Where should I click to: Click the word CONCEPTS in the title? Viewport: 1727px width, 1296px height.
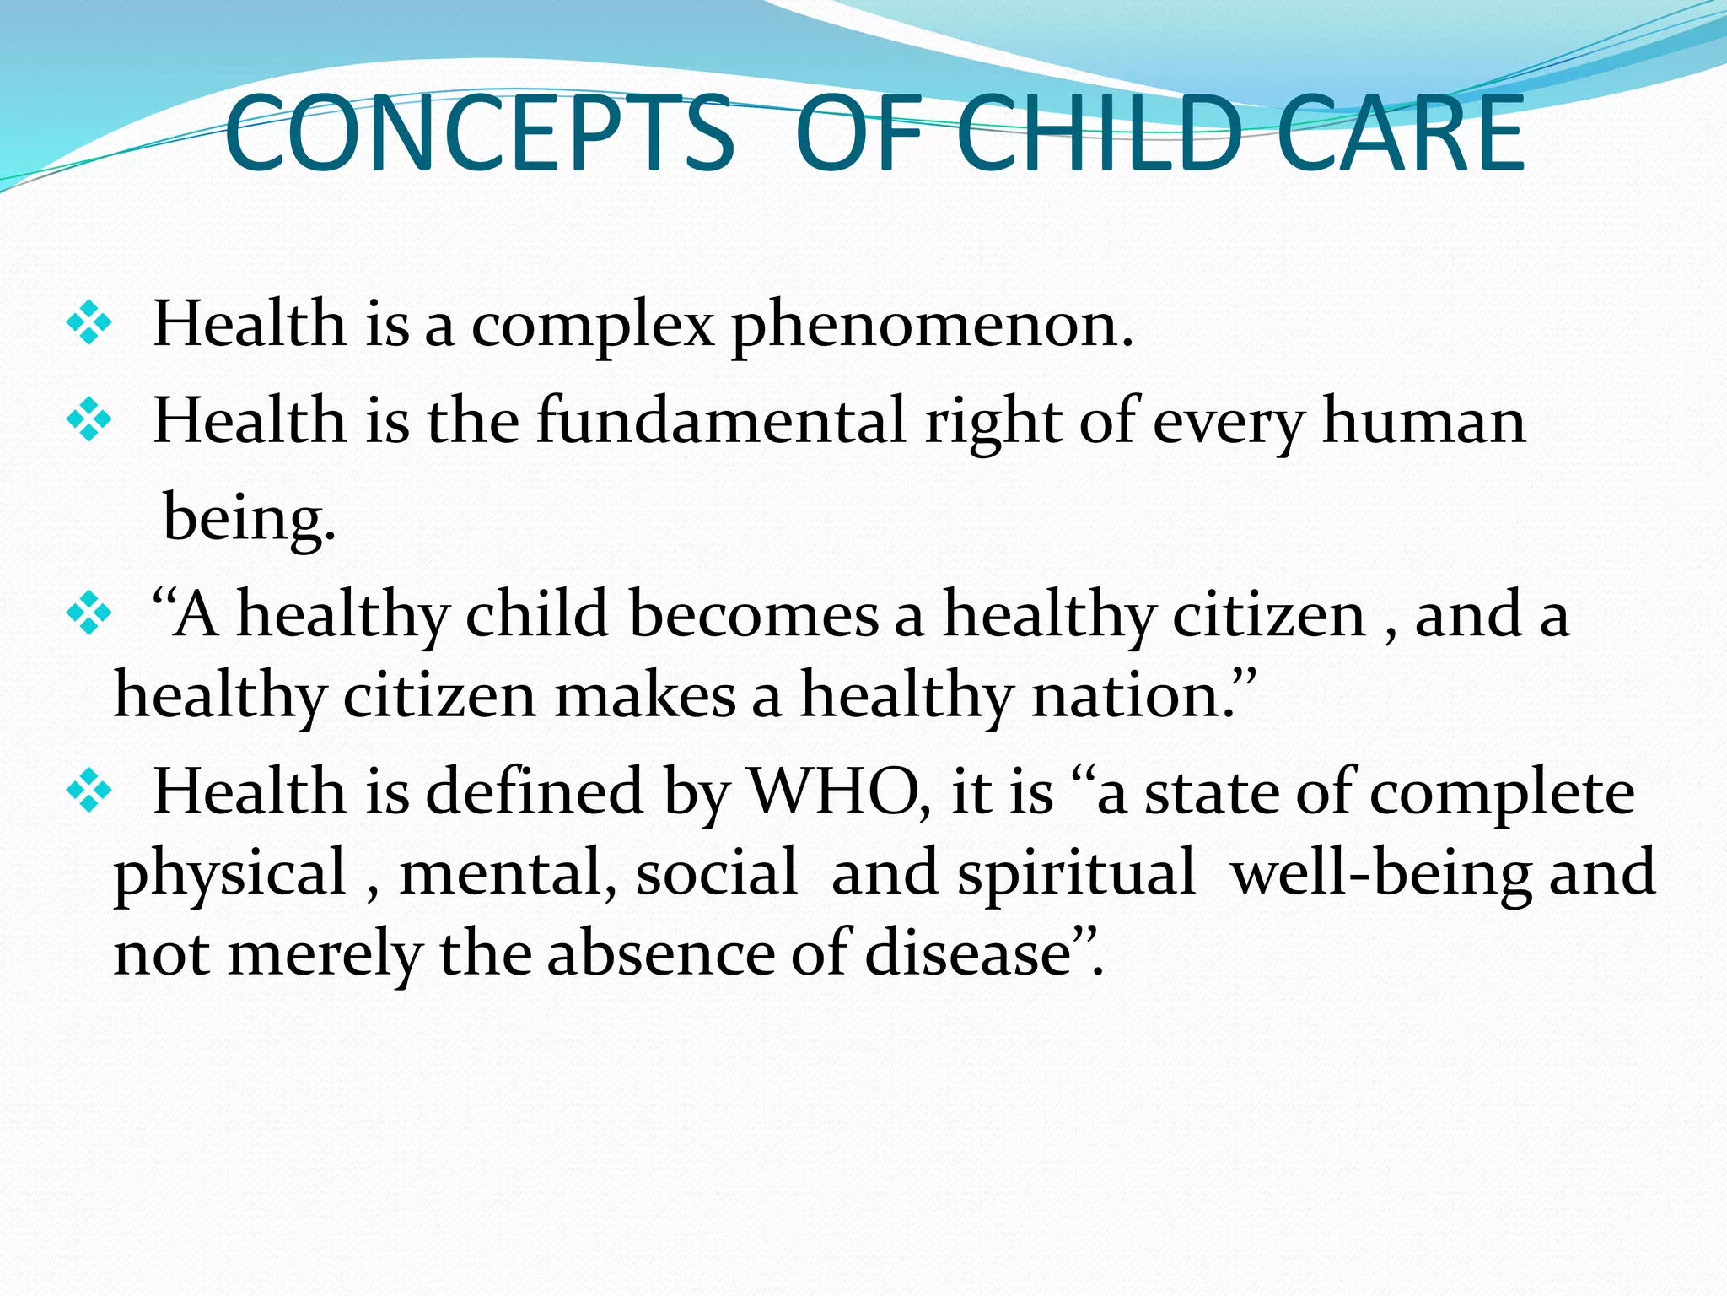coord(479,135)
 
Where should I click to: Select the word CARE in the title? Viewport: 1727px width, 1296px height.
coord(1401,135)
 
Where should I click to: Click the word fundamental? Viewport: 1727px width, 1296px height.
coord(721,421)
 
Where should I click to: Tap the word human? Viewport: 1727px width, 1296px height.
coord(1423,421)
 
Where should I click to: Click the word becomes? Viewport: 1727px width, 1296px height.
coord(754,614)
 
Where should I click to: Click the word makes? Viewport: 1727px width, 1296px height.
coord(645,697)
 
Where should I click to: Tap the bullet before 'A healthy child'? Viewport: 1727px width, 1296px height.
coord(89,614)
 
